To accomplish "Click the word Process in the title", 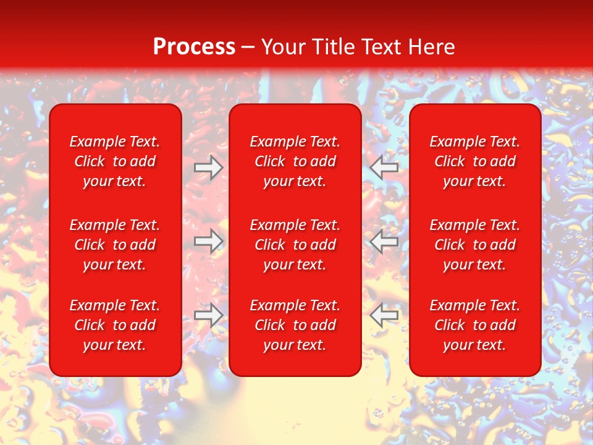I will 194,47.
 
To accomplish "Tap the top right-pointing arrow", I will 208,167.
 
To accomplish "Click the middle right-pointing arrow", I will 208,240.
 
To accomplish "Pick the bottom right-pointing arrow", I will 208,315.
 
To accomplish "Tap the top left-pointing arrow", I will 384,167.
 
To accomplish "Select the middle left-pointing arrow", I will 384,240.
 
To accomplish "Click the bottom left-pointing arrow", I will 384,315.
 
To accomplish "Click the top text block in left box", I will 115,161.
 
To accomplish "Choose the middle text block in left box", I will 115,245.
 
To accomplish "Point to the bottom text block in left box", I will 115,325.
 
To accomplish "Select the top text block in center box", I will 295,161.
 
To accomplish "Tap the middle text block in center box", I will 295,245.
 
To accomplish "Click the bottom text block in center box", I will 295,325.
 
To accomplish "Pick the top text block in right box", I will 474,161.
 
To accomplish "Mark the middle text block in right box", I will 474,245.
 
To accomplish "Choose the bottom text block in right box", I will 474,325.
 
